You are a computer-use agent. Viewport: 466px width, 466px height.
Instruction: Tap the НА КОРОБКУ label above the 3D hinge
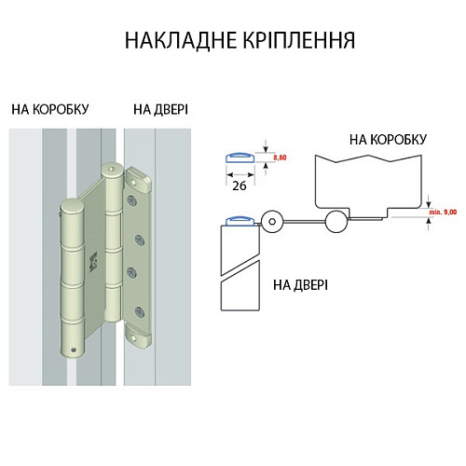pos(50,109)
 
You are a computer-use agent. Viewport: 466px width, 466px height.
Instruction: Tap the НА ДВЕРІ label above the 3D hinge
pos(160,109)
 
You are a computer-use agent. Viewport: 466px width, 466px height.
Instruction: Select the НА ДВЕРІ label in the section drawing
pos(300,283)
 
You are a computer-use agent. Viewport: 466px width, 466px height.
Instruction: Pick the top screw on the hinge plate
pos(131,199)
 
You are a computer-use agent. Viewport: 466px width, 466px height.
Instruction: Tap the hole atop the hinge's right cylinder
pos(113,170)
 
